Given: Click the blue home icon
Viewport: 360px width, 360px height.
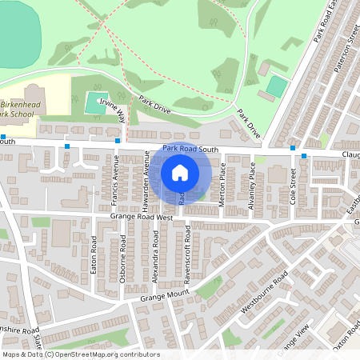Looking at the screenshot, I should [x=180, y=172].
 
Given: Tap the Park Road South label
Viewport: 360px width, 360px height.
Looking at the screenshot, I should [x=190, y=150].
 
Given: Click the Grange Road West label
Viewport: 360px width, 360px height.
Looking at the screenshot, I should [x=142, y=217].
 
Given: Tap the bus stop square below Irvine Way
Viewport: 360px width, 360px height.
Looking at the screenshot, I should [x=118, y=142].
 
